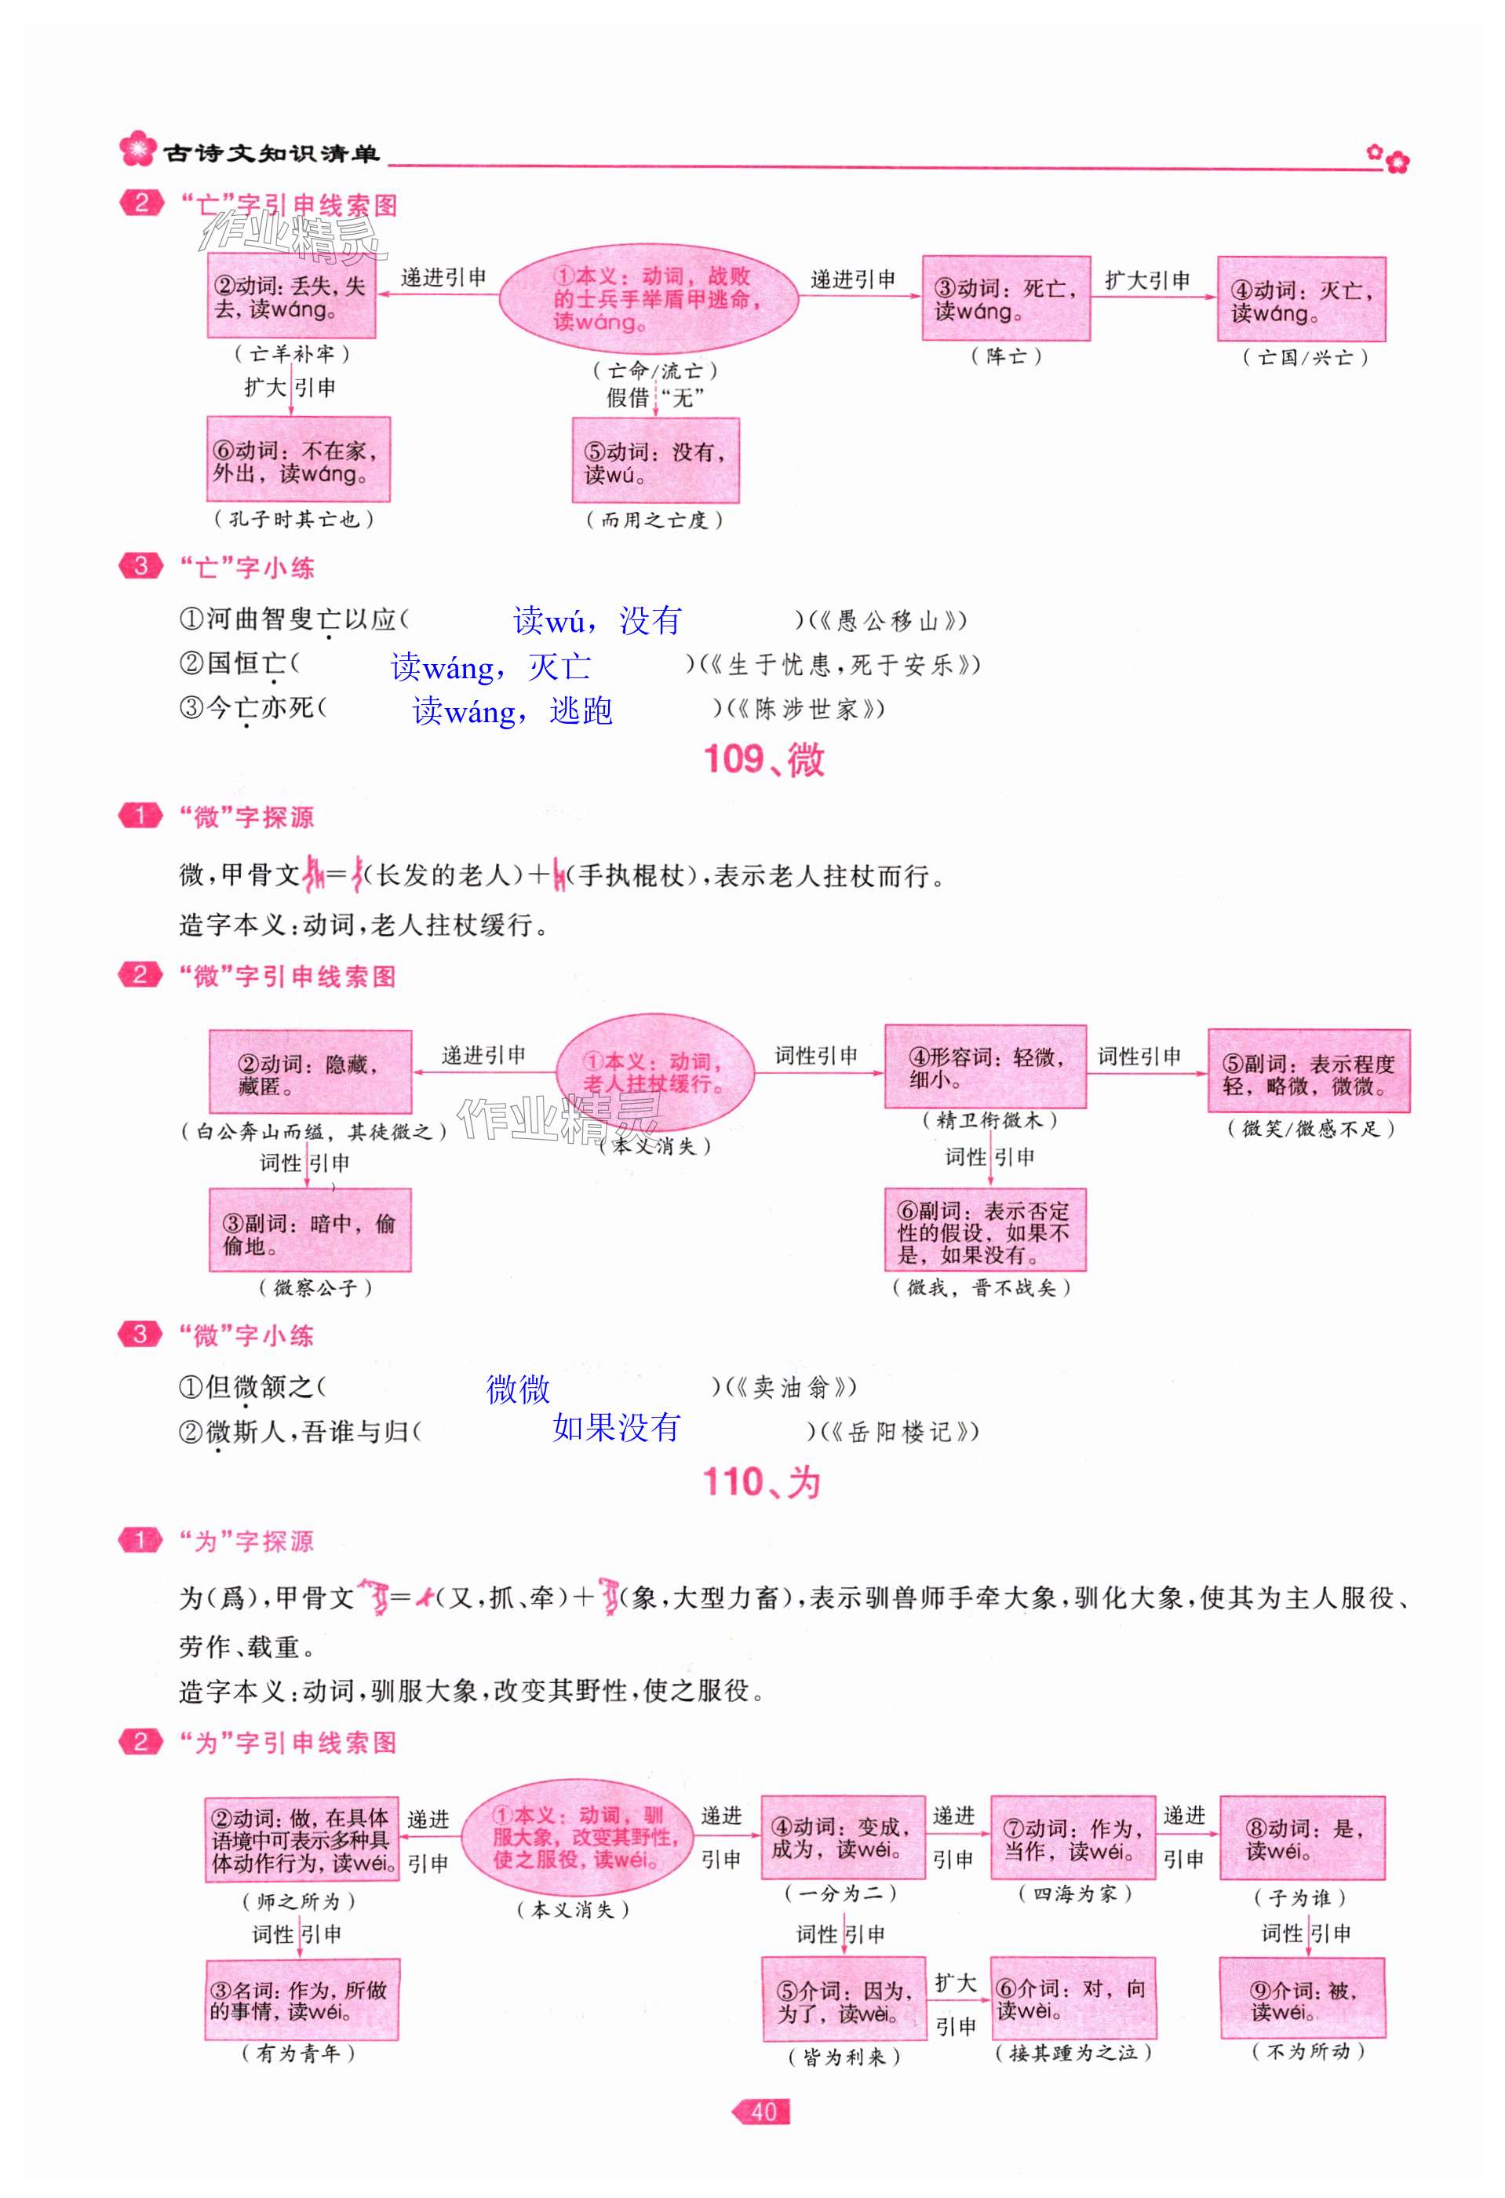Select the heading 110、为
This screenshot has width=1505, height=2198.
tap(761, 1482)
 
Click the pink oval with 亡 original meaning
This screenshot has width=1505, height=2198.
tap(648, 298)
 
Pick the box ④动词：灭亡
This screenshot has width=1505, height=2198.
tap(1300, 299)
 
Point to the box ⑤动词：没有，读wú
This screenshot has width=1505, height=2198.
tap(655, 462)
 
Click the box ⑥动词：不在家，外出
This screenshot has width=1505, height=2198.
tap(298, 460)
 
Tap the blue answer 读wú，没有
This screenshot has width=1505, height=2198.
tap(596, 620)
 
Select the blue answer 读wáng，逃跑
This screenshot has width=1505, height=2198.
tap(512, 710)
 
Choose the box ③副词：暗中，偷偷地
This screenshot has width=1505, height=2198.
tap(309, 1230)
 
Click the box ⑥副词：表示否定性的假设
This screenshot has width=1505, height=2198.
tap(984, 1230)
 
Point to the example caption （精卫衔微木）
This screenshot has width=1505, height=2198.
tap(989, 1121)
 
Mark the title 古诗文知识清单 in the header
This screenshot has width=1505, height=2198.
tap(271, 153)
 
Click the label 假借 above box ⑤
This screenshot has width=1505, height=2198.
tap(627, 397)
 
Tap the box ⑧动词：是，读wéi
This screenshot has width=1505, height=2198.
tap(1302, 1838)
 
